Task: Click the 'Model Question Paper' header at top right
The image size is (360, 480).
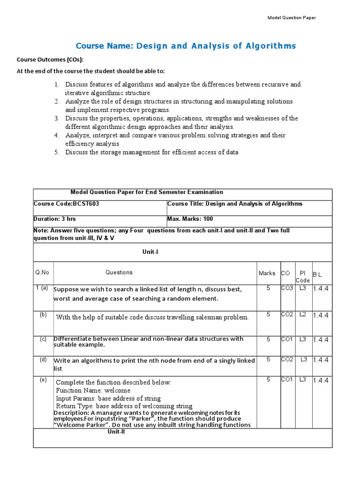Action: pos(291,18)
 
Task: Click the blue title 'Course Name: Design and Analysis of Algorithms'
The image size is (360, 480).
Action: pos(186,45)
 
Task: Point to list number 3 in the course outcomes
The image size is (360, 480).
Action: pos(56,118)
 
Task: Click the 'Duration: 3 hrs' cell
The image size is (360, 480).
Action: pos(54,219)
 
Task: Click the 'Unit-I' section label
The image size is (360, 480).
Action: pos(150,252)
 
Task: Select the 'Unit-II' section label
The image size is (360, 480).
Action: pos(116,432)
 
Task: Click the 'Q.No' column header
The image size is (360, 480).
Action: pos(42,272)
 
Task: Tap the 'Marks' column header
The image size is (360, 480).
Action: pos(267,273)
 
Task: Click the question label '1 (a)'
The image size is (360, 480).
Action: pos(42,288)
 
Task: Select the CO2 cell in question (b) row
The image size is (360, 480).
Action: pos(287,315)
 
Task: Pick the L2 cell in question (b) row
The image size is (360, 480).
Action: pos(303,315)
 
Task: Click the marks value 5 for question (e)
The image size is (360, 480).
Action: pos(268,380)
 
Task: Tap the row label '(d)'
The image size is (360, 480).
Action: pos(43,360)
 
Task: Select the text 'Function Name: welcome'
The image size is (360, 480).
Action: pos(93,390)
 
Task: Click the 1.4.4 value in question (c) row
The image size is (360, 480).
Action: pos(321,339)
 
